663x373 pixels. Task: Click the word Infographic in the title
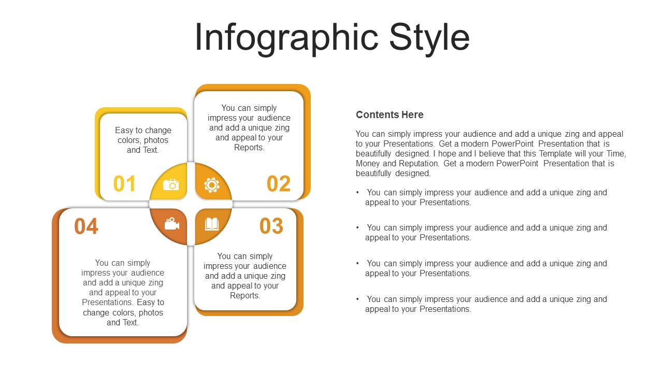(x=286, y=38)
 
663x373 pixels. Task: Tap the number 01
(x=124, y=184)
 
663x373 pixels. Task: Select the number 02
(x=279, y=184)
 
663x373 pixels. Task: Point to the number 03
(x=271, y=226)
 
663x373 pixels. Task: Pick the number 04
(x=86, y=226)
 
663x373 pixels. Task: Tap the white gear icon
(x=212, y=185)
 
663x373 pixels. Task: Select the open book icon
(x=212, y=224)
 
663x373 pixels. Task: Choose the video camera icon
(x=171, y=224)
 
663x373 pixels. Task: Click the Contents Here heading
(x=390, y=114)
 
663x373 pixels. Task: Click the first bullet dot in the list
(x=357, y=192)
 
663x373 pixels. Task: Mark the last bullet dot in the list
(x=357, y=299)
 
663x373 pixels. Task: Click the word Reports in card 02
(x=248, y=148)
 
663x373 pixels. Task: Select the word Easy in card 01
(x=124, y=130)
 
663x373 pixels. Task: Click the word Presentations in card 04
(x=107, y=302)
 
